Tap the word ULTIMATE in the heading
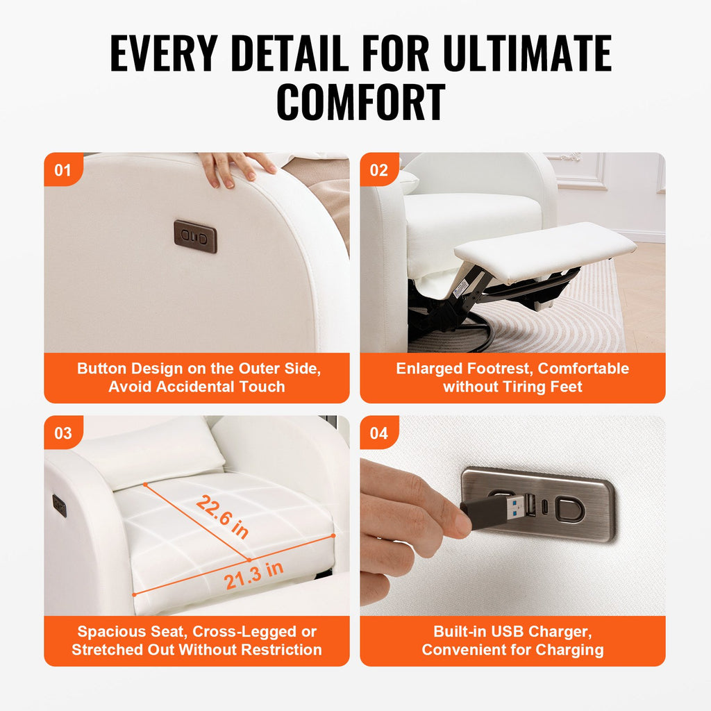point(528,53)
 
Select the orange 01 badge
point(63,169)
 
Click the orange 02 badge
point(379,169)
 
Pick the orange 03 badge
point(63,433)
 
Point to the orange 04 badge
point(379,433)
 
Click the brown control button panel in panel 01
point(195,237)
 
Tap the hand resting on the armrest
point(237,168)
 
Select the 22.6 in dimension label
point(222,517)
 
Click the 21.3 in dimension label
point(253,575)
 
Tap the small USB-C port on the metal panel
point(546,505)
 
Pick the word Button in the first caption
point(101,368)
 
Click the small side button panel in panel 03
point(60,505)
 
